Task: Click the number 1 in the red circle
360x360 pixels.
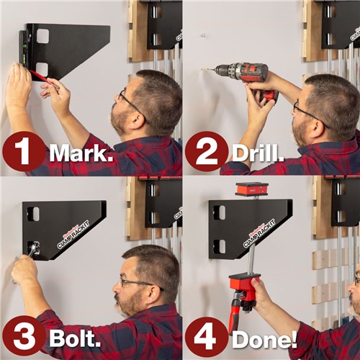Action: point(24,152)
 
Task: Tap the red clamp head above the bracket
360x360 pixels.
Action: point(251,189)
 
